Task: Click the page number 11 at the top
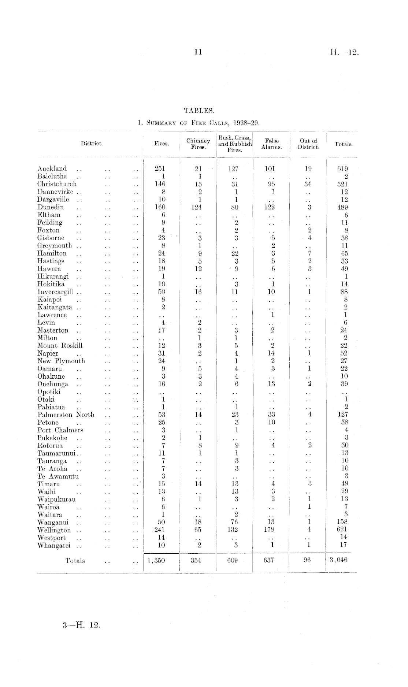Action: pos(198,52)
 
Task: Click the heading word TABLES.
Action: pos(199,110)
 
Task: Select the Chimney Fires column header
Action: pos(198,144)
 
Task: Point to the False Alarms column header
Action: pos(271,144)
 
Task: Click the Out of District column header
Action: pos(308,144)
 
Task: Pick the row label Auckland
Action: pos(52,169)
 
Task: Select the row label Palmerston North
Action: pos(66,415)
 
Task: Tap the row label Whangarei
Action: pos(54,545)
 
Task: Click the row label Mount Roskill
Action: pos(60,346)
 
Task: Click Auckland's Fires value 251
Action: pos(160,169)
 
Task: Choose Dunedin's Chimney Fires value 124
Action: pos(198,207)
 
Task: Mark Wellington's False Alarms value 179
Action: pos(270,530)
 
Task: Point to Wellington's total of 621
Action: pos(342,530)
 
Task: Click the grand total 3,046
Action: pos(338,560)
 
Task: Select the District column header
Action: pos(91,144)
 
